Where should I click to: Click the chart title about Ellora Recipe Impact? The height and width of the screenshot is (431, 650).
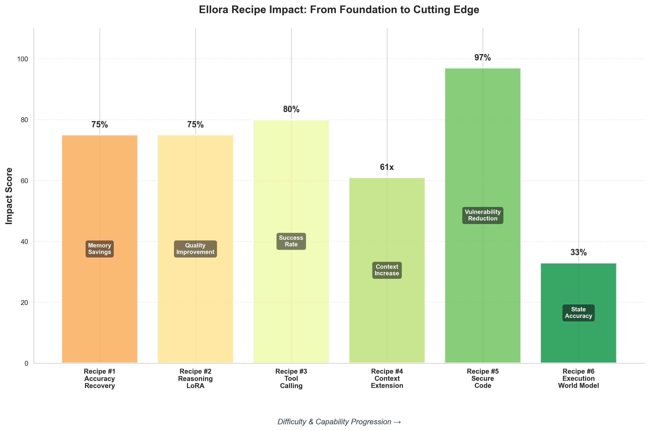339,10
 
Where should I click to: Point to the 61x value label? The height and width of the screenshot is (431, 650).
387,167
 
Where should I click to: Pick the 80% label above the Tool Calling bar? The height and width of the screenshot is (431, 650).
291,109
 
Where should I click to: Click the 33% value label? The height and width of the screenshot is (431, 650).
578,252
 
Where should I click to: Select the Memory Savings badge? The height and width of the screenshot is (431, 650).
99,249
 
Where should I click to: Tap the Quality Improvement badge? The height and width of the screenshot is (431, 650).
195,249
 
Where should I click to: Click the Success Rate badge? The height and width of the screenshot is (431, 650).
291,241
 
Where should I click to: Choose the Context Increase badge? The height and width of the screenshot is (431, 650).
387,270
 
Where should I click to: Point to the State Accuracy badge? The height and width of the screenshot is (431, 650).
578,312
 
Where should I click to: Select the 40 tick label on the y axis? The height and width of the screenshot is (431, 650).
24,242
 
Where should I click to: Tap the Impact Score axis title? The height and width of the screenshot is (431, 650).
9,196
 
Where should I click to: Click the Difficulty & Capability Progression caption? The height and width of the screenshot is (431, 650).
339,421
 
